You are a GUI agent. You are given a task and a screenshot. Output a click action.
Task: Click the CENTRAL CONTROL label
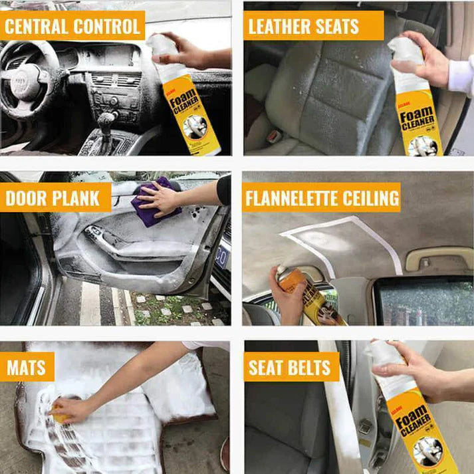coord(72,27)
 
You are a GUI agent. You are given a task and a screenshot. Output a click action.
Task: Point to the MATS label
coord(27,367)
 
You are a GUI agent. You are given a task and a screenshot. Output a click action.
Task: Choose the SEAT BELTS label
coord(291,367)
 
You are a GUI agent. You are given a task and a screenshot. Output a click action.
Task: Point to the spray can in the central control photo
coord(186,100)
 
